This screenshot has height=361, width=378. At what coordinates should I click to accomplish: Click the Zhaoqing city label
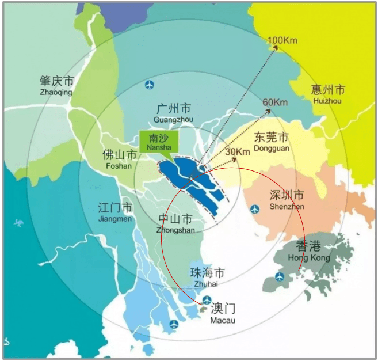click(x=56, y=85)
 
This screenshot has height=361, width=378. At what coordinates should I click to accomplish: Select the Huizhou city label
click(x=327, y=94)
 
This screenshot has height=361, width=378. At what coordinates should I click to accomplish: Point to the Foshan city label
click(x=119, y=159)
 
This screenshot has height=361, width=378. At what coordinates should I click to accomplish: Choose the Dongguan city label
click(x=270, y=142)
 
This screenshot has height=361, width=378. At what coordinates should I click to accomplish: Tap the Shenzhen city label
click(x=287, y=200)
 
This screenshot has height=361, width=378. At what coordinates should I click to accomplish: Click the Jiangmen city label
click(x=115, y=212)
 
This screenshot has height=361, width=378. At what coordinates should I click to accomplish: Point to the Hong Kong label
click(x=309, y=251)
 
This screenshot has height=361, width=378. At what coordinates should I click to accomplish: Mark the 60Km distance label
click(x=275, y=102)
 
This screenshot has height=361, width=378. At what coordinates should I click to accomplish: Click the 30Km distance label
click(x=238, y=151)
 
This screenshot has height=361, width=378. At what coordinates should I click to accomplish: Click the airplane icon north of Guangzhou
click(x=151, y=85)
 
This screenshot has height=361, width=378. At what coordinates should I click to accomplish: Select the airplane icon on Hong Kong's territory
click(x=280, y=277)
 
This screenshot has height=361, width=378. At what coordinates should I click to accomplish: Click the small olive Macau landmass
click(x=203, y=309)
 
